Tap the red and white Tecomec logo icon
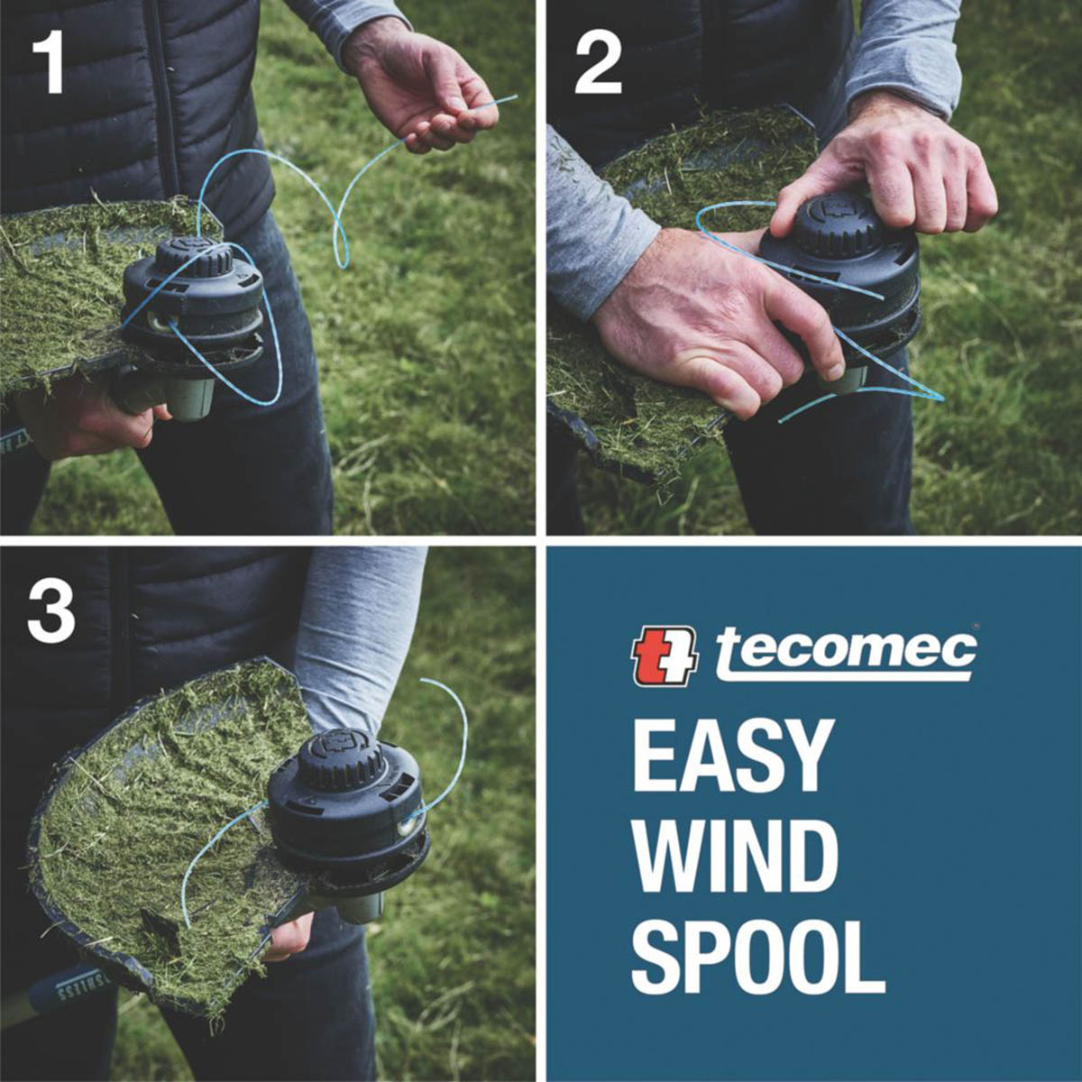[x=665, y=656]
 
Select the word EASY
[x=730, y=756]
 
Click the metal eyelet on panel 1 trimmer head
[x=160, y=321]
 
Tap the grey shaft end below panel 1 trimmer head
[x=191, y=399]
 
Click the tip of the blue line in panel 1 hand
[x=516, y=96]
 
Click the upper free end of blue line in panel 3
[x=421, y=680]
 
